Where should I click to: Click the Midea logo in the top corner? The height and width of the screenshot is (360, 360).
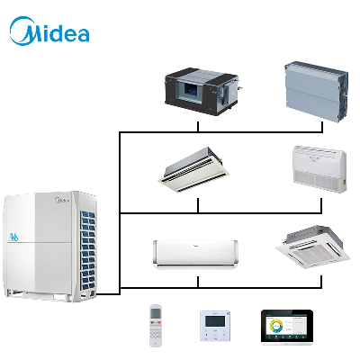(x=49, y=31)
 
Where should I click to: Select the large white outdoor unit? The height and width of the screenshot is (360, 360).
(x=50, y=246)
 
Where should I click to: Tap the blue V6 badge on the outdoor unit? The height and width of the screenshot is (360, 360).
(x=13, y=238)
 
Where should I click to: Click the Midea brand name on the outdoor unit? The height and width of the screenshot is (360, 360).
(x=62, y=200)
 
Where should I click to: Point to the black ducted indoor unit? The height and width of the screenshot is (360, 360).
(x=202, y=92)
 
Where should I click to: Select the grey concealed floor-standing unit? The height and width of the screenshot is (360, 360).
(x=316, y=92)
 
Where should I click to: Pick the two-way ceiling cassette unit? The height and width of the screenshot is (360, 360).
(x=193, y=170)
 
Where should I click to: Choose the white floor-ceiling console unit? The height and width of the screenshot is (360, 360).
(x=319, y=169)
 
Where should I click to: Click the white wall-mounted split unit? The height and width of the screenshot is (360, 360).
(x=195, y=255)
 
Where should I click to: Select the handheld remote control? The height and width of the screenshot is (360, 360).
(x=156, y=326)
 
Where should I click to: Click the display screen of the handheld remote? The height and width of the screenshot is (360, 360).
(x=156, y=313)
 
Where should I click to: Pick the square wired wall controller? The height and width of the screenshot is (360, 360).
(x=215, y=326)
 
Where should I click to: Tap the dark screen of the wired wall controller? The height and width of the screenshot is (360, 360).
(x=215, y=321)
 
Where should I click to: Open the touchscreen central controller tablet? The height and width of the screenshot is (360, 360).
(x=287, y=327)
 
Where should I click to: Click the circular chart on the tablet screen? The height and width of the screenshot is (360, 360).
(x=276, y=326)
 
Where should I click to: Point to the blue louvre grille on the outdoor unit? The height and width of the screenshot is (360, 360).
(x=88, y=250)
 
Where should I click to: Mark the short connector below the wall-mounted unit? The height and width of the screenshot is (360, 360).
(x=198, y=282)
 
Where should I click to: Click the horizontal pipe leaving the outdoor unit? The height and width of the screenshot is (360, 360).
(x=108, y=293)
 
